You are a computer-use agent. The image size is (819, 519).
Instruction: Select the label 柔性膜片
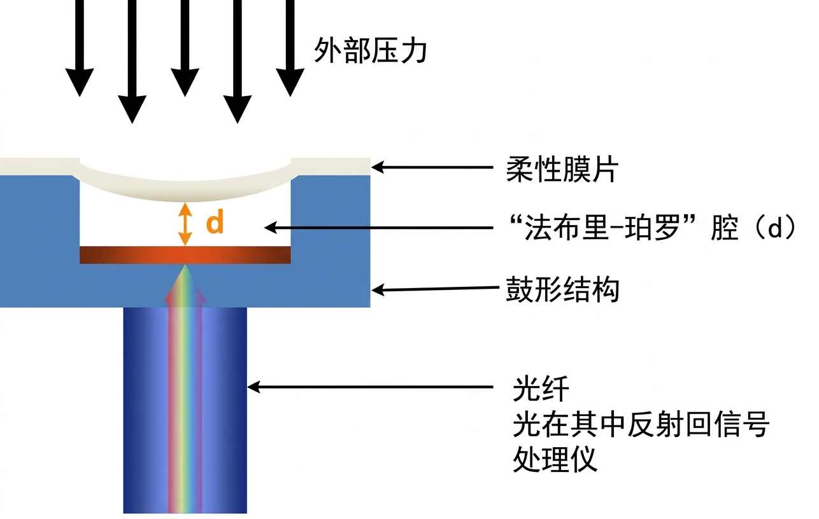pos(562,170)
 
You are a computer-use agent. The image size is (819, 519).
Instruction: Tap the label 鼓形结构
pos(562,291)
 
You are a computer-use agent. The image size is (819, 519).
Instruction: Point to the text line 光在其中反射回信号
pos(641,424)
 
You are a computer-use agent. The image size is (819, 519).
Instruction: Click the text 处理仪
pos(555,459)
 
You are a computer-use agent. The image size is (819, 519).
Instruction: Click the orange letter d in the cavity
pos(215,223)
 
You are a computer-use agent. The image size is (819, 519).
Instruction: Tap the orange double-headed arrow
pos(185,224)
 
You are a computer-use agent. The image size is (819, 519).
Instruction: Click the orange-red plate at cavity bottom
pos(185,254)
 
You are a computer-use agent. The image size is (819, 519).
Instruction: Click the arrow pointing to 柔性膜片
pos(433,168)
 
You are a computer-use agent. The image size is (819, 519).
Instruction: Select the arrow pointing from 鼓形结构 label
pos(433,289)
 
